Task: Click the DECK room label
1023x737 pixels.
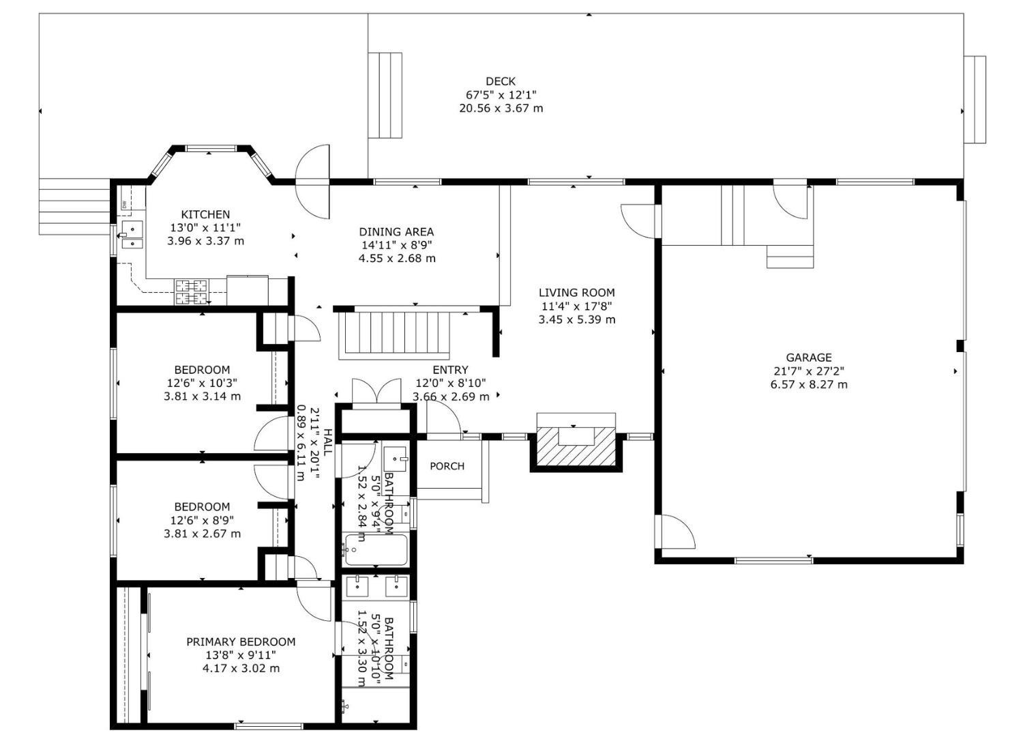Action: [x=501, y=81]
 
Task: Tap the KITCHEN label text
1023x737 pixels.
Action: [x=205, y=214]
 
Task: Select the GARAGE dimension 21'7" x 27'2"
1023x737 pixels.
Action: [x=809, y=371]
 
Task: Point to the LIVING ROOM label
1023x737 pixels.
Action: [x=576, y=293]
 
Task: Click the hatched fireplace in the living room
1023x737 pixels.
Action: [x=576, y=447]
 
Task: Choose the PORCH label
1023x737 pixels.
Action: [x=447, y=466]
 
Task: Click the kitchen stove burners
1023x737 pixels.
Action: [x=191, y=292]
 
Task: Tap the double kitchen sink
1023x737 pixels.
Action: [x=132, y=234]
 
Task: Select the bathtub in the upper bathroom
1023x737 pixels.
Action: [x=376, y=550]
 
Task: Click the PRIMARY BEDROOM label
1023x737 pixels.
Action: [x=241, y=641]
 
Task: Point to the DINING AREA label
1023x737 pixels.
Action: [x=396, y=232]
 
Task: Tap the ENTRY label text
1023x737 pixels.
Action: [x=450, y=370]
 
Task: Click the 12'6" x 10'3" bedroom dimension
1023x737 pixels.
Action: [x=202, y=384]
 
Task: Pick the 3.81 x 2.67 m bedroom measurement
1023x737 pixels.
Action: [x=202, y=534]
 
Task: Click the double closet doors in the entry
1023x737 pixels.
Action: [x=376, y=394]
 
